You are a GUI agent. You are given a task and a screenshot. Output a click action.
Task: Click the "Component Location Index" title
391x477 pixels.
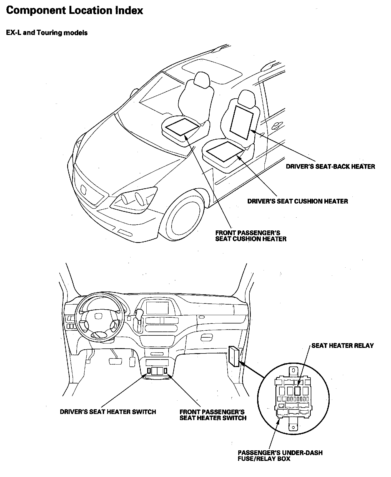coord(74,11)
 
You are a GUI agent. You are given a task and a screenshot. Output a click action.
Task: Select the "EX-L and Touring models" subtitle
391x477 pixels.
coord(47,33)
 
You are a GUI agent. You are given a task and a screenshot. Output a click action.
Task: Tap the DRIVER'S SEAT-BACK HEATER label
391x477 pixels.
coord(330,166)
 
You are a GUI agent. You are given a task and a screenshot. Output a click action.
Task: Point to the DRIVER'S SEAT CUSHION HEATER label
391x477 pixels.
coord(297,201)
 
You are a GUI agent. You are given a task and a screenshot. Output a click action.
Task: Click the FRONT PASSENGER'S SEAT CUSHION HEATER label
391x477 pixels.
coord(250,236)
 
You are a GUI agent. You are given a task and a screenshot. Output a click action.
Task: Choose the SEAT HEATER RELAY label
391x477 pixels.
coord(342,345)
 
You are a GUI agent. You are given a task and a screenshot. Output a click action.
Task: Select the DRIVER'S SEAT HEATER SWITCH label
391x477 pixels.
coord(108,412)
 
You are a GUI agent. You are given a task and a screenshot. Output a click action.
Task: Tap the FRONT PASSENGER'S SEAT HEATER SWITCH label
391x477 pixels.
coord(213,415)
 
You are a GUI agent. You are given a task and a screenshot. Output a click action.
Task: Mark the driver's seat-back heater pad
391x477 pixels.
coord(241,122)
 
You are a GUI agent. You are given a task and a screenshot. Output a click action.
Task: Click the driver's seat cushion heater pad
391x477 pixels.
coord(225,151)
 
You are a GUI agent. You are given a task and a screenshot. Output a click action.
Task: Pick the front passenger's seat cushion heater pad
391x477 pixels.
coord(182,126)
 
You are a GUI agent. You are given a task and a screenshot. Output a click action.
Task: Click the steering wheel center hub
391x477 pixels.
coord(98,317)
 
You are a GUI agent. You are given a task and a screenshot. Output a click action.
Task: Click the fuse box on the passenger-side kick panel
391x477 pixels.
coord(234,357)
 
